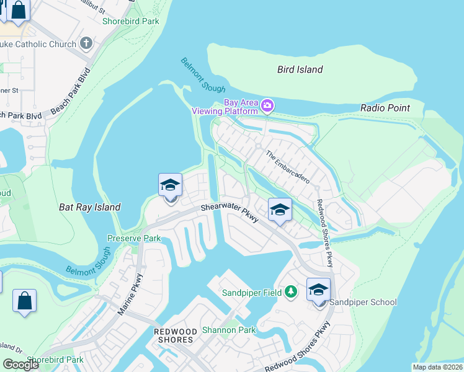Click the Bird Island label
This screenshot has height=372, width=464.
(x=300, y=69)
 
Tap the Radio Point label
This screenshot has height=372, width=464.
(x=385, y=108)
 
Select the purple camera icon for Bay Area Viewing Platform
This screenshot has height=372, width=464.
(x=267, y=105)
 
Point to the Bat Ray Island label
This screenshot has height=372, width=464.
(x=89, y=207)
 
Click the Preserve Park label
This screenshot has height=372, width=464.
(x=134, y=238)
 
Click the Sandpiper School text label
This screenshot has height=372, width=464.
(x=363, y=303)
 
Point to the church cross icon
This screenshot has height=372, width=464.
(x=86, y=44)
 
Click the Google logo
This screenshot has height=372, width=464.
(x=20, y=365)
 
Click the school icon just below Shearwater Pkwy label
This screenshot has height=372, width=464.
(x=280, y=210)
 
